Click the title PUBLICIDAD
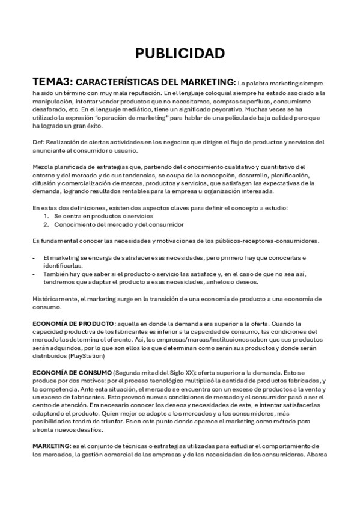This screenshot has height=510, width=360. click(x=180, y=53)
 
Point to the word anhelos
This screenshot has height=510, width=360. click(x=229, y=282)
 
